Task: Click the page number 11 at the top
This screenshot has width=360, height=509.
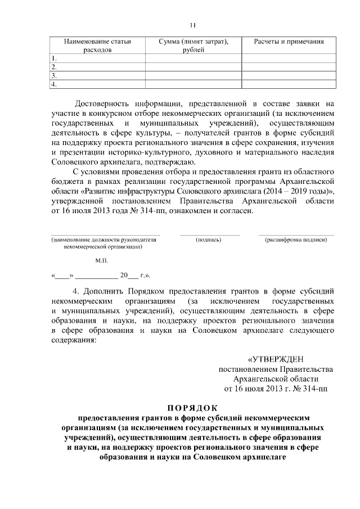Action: (192, 25)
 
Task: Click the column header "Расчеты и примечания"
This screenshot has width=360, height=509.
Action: (289, 42)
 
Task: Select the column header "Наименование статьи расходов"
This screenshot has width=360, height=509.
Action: (97, 46)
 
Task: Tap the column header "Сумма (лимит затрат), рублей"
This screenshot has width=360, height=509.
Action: (193, 46)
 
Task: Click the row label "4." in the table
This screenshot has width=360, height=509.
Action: (54, 84)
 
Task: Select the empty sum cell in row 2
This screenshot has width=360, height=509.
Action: (193, 66)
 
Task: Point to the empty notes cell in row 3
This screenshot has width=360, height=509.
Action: (289, 75)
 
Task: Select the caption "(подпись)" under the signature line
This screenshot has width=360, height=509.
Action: (209, 240)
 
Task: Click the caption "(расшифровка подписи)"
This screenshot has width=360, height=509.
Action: (296, 240)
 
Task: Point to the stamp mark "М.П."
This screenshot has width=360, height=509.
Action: (102, 261)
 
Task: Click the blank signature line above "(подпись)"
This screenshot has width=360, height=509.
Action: (210, 234)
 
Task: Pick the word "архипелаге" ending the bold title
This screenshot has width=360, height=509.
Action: (259, 457)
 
